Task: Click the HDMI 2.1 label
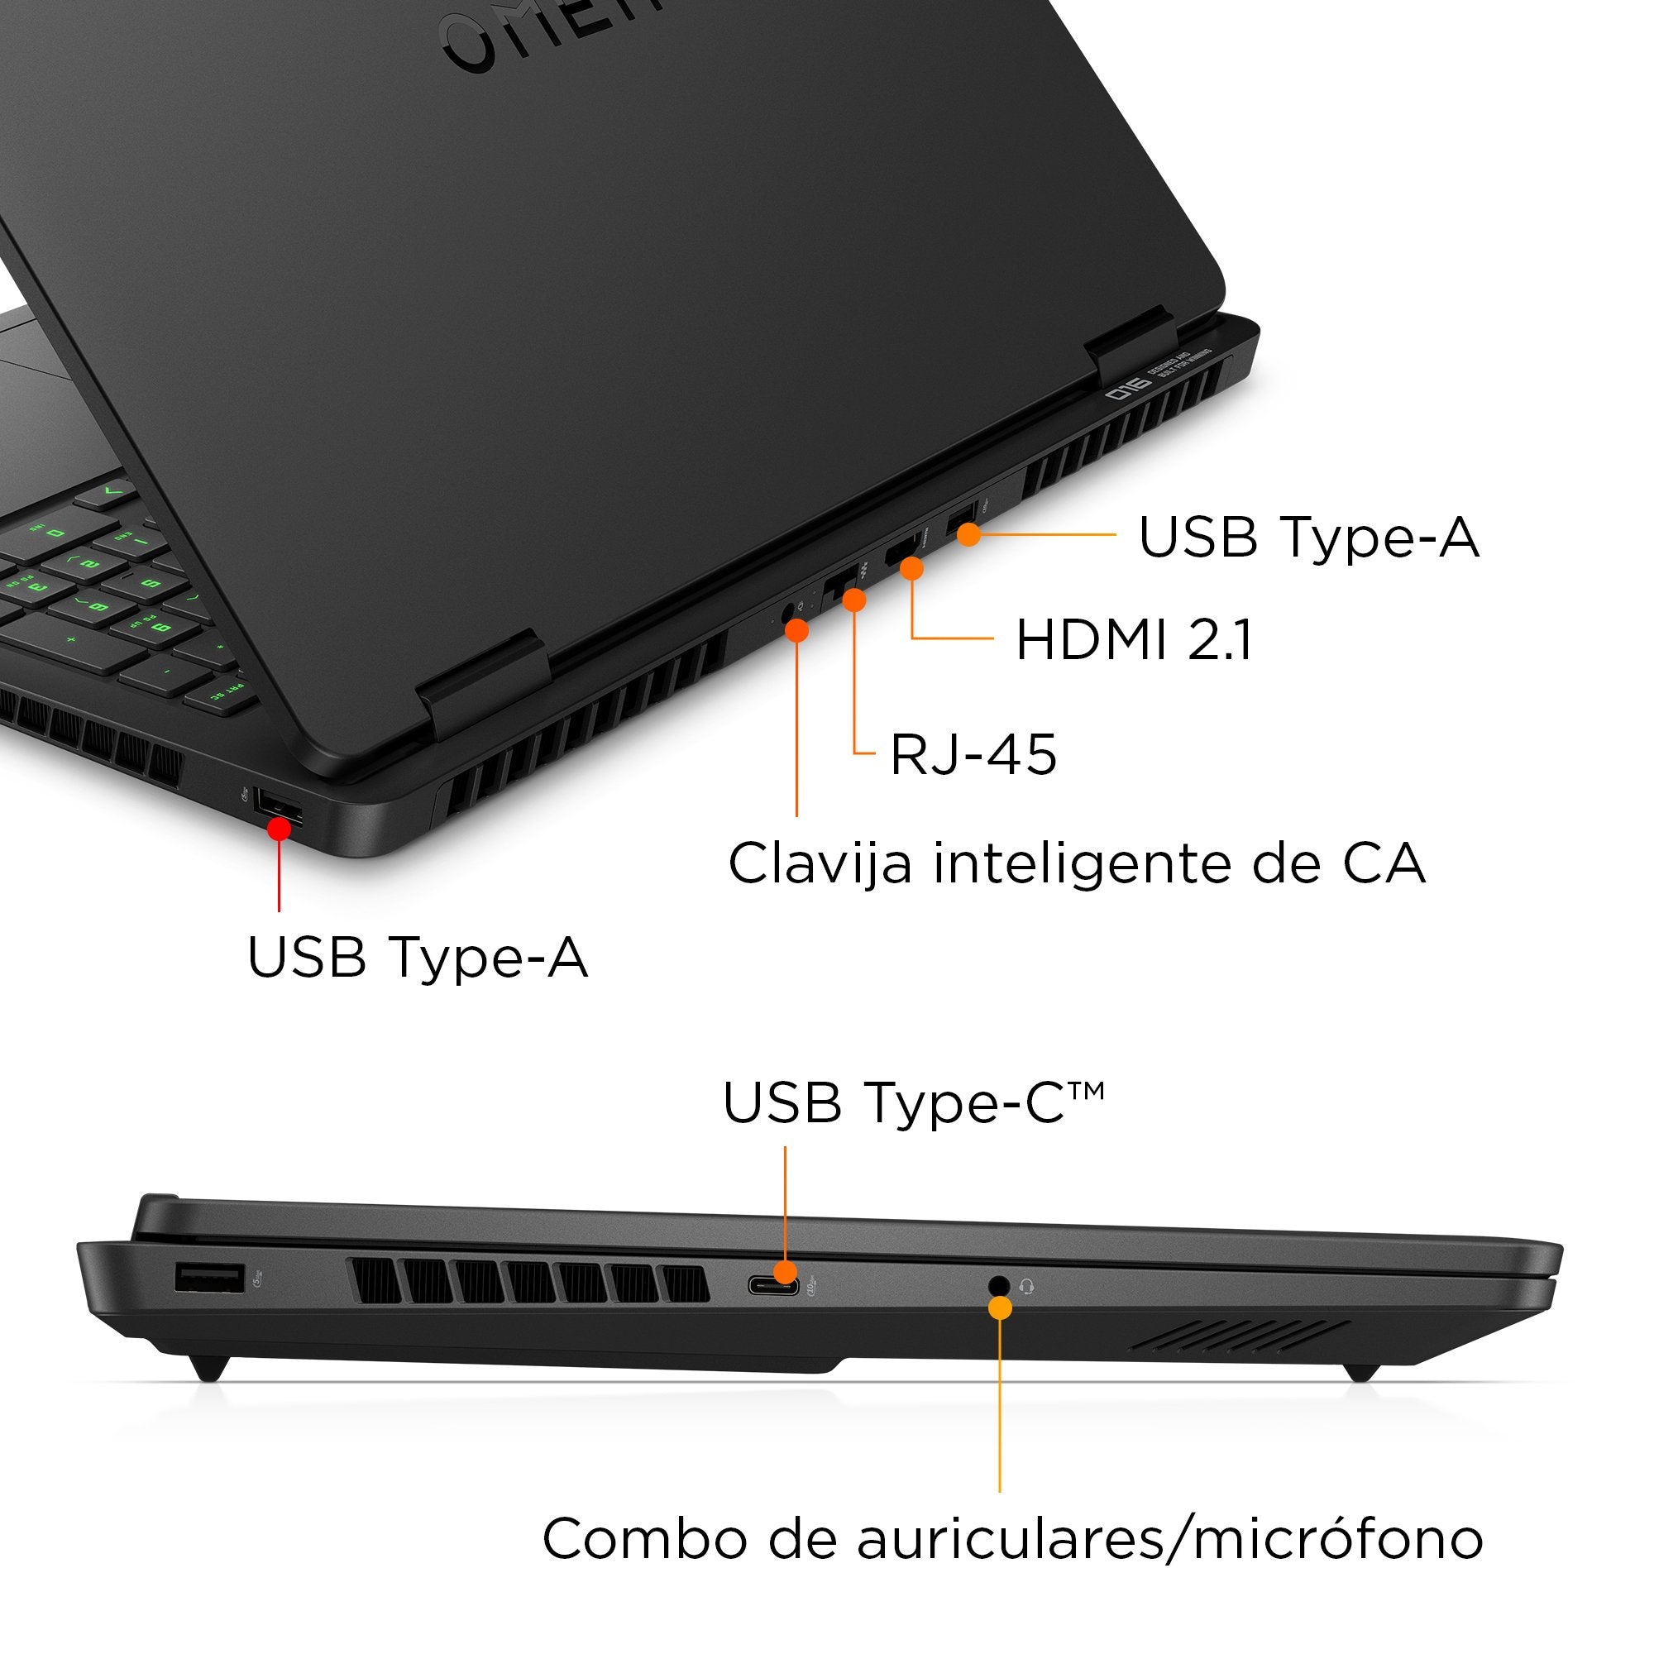(x=1134, y=640)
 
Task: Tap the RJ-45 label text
(x=973, y=755)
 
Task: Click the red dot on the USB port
(x=278, y=829)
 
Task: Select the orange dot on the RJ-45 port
(x=853, y=600)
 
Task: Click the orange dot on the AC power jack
(x=796, y=631)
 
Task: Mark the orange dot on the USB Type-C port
(x=785, y=1271)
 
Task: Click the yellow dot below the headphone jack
(x=999, y=1307)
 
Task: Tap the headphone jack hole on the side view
(x=998, y=1285)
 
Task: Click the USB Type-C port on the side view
(x=773, y=1286)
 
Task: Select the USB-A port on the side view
(x=209, y=1279)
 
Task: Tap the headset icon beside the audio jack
(x=1027, y=1286)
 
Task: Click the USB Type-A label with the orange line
(x=1307, y=538)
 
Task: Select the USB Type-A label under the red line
(x=417, y=957)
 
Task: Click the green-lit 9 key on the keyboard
(x=160, y=629)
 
